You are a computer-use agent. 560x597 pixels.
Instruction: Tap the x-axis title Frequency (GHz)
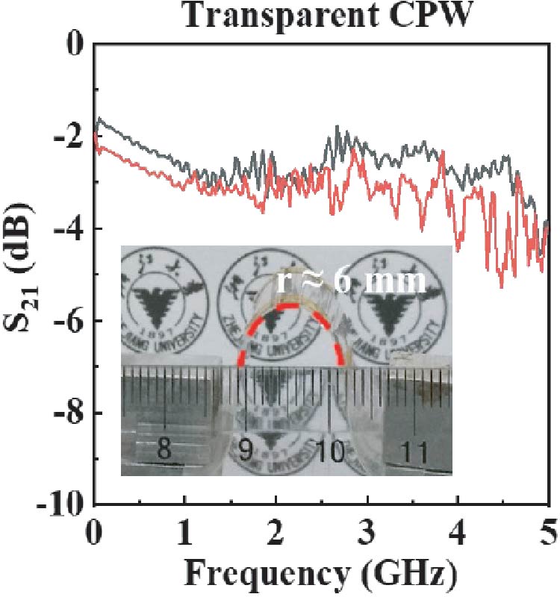click(x=322, y=573)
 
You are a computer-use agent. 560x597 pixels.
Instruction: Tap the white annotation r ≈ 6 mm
click(x=351, y=281)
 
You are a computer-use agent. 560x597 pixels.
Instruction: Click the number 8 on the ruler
click(x=164, y=451)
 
